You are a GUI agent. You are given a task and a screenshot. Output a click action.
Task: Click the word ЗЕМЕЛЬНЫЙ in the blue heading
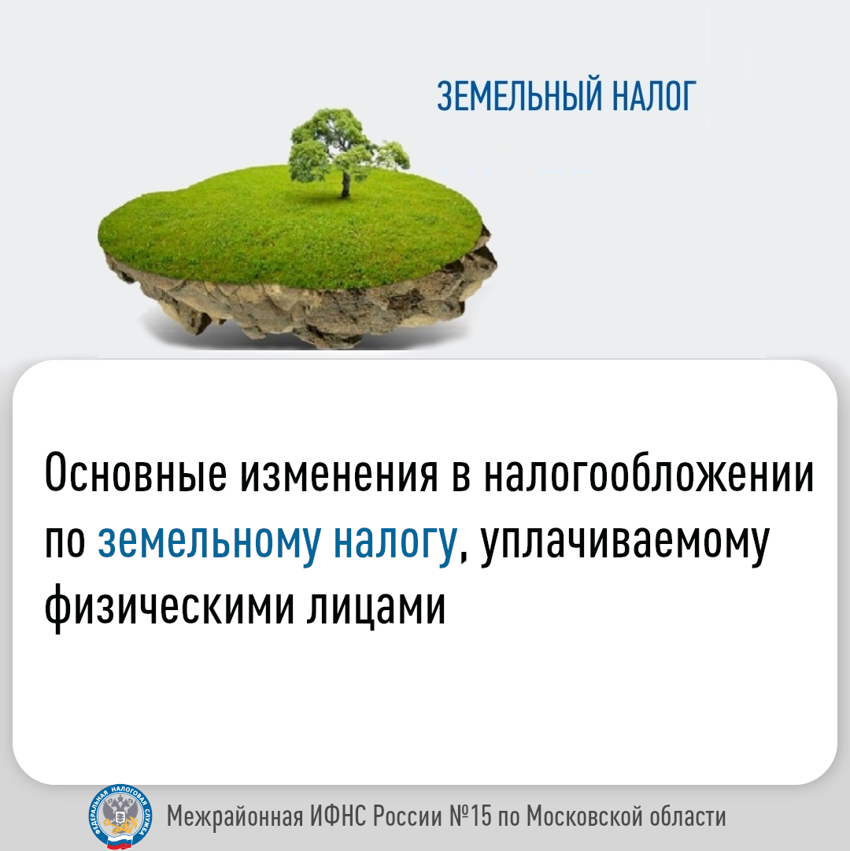coord(519,96)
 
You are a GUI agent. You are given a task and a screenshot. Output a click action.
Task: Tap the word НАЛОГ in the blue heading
coord(654,96)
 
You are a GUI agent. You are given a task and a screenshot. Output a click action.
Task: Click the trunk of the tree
coord(346,183)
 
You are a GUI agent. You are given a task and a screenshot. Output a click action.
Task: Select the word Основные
coord(135,472)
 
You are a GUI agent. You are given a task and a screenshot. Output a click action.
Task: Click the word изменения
coord(338,474)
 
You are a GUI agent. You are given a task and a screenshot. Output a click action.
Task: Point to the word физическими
coord(169,607)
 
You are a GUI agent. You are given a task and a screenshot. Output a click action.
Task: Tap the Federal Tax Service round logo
coord(120,816)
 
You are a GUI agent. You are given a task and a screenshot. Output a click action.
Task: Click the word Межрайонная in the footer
coord(235,816)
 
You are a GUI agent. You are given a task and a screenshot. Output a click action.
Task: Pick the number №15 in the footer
coord(471,815)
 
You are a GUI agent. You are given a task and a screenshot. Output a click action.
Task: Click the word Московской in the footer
coord(584,816)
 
